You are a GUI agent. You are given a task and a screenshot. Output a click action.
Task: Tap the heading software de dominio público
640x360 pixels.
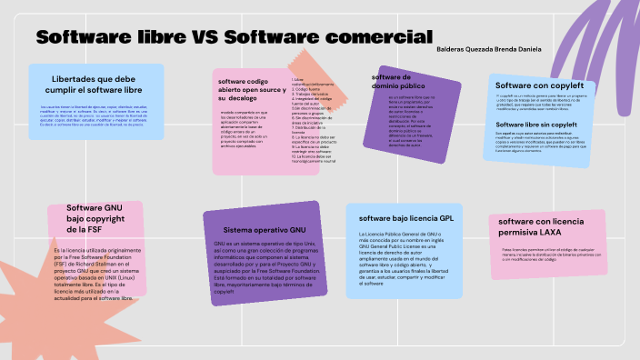(398, 81)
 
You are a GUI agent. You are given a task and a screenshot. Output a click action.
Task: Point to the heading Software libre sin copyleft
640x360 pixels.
(537, 125)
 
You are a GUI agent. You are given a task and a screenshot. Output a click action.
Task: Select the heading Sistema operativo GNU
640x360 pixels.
(265, 230)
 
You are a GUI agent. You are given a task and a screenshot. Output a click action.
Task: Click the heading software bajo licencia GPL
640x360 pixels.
(405, 218)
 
